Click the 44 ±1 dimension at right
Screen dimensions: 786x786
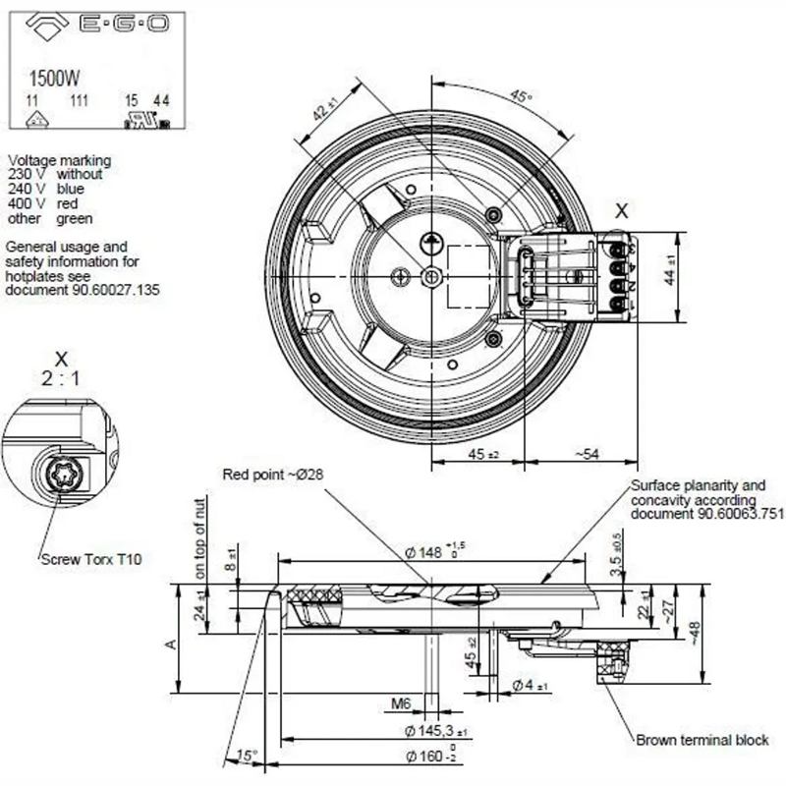click(x=670, y=270)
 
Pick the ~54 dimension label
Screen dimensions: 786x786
click(x=586, y=453)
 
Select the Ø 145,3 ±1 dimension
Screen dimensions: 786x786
click(x=436, y=732)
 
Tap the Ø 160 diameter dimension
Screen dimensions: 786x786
click(x=434, y=757)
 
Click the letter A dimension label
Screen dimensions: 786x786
click(x=169, y=644)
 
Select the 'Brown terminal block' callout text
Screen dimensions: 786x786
click(x=702, y=740)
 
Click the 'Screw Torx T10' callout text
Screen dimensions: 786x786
click(x=91, y=560)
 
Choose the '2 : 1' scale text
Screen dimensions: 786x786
click(x=61, y=378)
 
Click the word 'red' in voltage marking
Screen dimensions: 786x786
click(x=68, y=203)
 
